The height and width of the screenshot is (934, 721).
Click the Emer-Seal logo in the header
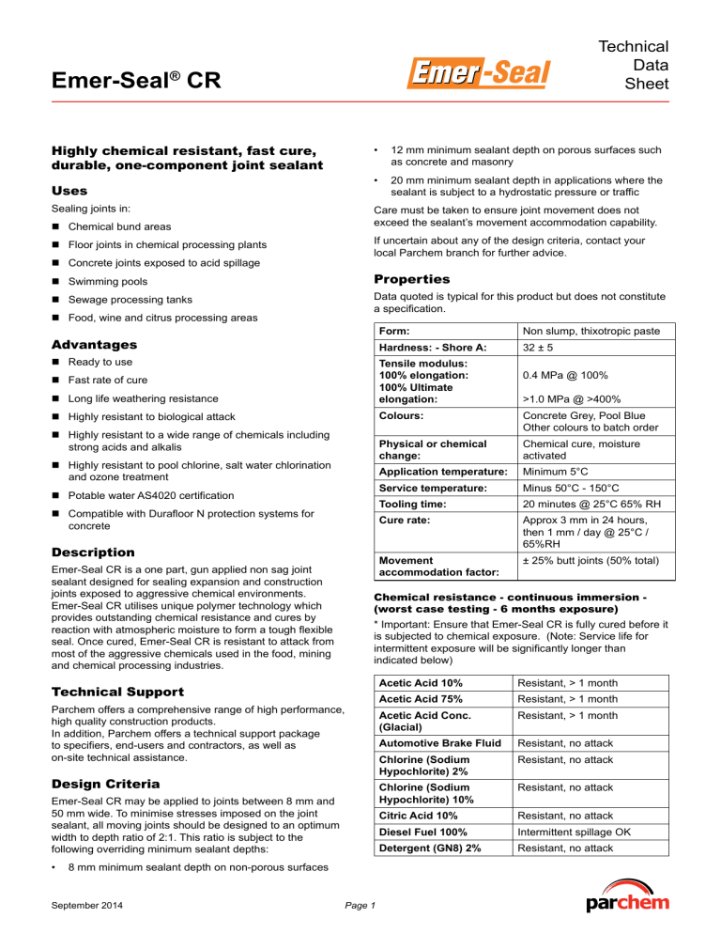479,71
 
